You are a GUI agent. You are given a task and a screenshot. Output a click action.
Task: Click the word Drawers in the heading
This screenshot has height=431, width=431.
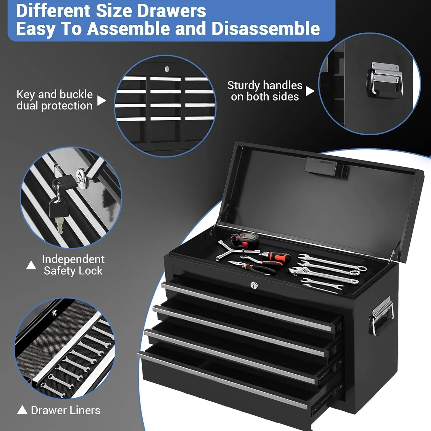pos(171,11)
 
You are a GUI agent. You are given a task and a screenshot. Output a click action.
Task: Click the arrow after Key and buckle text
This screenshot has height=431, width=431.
pos(101,101)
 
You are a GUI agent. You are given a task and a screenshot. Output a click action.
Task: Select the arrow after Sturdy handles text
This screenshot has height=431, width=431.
pos(310,91)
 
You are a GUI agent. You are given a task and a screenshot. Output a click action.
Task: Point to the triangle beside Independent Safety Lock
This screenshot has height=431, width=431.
pos(31,265)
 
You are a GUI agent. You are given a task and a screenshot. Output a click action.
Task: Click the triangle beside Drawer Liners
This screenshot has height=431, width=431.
pos(22,410)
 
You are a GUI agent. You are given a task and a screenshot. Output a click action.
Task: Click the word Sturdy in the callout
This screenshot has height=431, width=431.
pos(244,86)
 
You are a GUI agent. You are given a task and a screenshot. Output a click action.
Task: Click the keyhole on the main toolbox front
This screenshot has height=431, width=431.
pos(254,285)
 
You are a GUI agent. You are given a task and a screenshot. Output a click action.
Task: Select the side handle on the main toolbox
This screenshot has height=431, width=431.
pos(382,315)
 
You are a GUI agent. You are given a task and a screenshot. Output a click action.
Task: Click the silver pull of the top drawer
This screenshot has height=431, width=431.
pos(247,306)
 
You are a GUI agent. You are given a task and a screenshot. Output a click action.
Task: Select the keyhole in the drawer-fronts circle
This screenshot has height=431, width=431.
pos(167,69)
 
